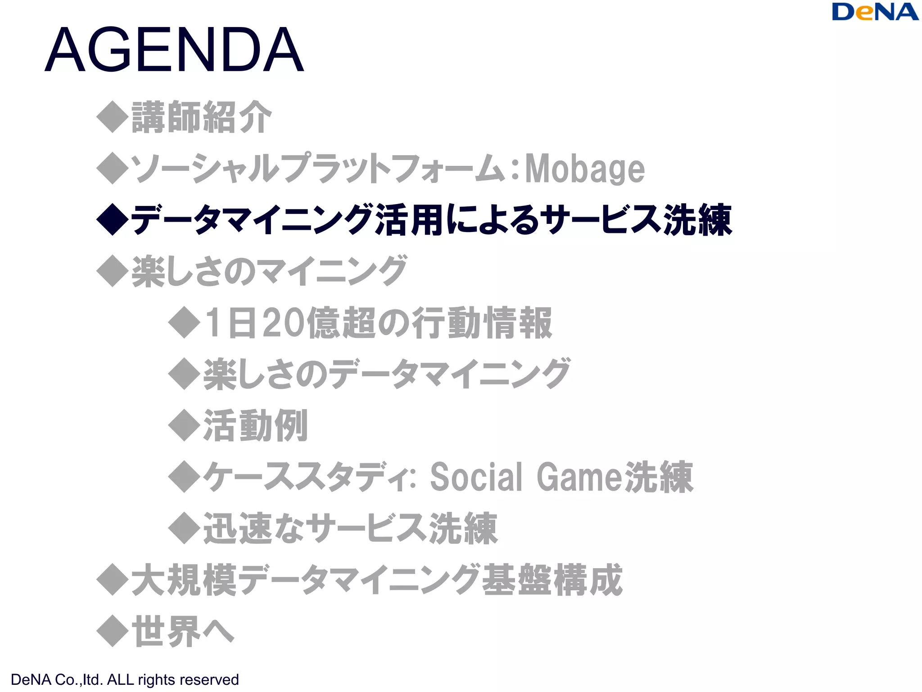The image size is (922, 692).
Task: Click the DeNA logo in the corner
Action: (875, 12)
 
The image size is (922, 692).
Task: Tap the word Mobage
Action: (585, 168)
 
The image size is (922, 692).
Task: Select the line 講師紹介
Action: (201, 117)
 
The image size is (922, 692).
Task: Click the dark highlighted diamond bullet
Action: (113, 219)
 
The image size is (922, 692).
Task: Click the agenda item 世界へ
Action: (182, 632)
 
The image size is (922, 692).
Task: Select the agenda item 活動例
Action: (255, 425)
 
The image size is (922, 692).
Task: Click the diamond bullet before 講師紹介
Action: (113, 117)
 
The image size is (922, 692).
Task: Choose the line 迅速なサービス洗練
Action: (350, 528)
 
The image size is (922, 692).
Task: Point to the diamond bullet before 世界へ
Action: (113, 632)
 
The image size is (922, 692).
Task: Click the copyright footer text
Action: (125, 679)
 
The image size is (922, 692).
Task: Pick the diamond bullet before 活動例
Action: (184, 425)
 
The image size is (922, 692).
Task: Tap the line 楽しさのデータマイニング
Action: (387, 374)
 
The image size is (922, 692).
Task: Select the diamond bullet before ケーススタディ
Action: (184, 477)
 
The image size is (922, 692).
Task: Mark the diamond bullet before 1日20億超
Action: (184, 323)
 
